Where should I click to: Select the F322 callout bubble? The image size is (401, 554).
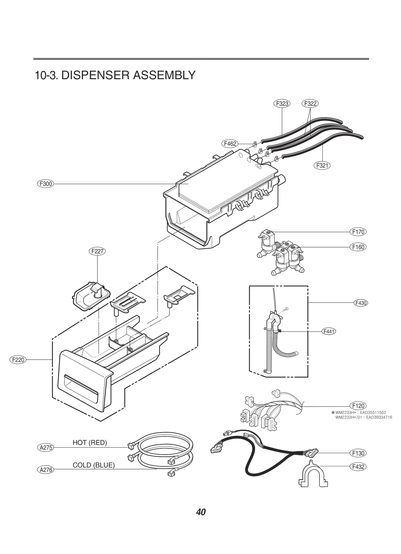(x=310, y=104)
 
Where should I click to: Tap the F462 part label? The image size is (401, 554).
(x=230, y=144)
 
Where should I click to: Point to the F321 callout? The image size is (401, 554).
(x=322, y=165)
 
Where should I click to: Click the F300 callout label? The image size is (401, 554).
(x=46, y=184)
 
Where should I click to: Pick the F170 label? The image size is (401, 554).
(x=358, y=232)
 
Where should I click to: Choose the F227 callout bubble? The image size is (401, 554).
(x=97, y=251)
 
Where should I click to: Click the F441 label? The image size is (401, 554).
(x=329, y=331)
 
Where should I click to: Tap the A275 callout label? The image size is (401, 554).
(x=46, y=447)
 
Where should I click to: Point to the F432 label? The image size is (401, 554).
(x=358, y=467)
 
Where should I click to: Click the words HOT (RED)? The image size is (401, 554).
(x=90, y=443)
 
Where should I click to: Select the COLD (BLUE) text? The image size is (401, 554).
(x=93, y=465)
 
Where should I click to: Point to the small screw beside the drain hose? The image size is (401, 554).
(x=287, y=308)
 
